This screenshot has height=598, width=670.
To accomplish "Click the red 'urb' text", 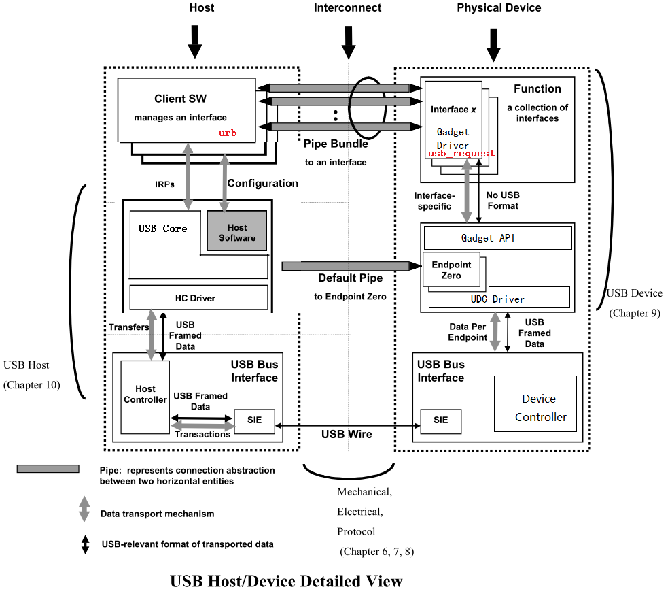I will [x=228, y=133].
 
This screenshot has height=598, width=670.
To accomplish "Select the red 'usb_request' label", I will [x=461, y=154].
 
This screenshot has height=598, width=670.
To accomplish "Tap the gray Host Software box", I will [x=237, y=232].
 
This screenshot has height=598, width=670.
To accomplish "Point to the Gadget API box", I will [x=497, y=238].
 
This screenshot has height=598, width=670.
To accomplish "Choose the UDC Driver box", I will [x=498, y=299].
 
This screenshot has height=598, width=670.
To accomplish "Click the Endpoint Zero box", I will [x=451, y=270].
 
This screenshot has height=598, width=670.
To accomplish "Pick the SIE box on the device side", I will [x=440, y=420].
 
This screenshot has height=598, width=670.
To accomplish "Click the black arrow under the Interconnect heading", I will [x=349, y=42].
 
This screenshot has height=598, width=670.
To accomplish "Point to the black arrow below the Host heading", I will [x=195, y=42].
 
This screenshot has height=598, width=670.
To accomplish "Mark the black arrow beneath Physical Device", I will [x=494, y=46].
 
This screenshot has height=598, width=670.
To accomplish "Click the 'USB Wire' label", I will [x=347, y=434].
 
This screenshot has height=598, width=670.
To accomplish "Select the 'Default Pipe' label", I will [x=350, y=278].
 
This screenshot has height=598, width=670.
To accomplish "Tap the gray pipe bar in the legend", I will [x=48, y=469].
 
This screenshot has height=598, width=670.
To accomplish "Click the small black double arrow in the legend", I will [x=85, y=544].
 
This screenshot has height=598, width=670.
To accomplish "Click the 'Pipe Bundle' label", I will [x=336, y=144].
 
